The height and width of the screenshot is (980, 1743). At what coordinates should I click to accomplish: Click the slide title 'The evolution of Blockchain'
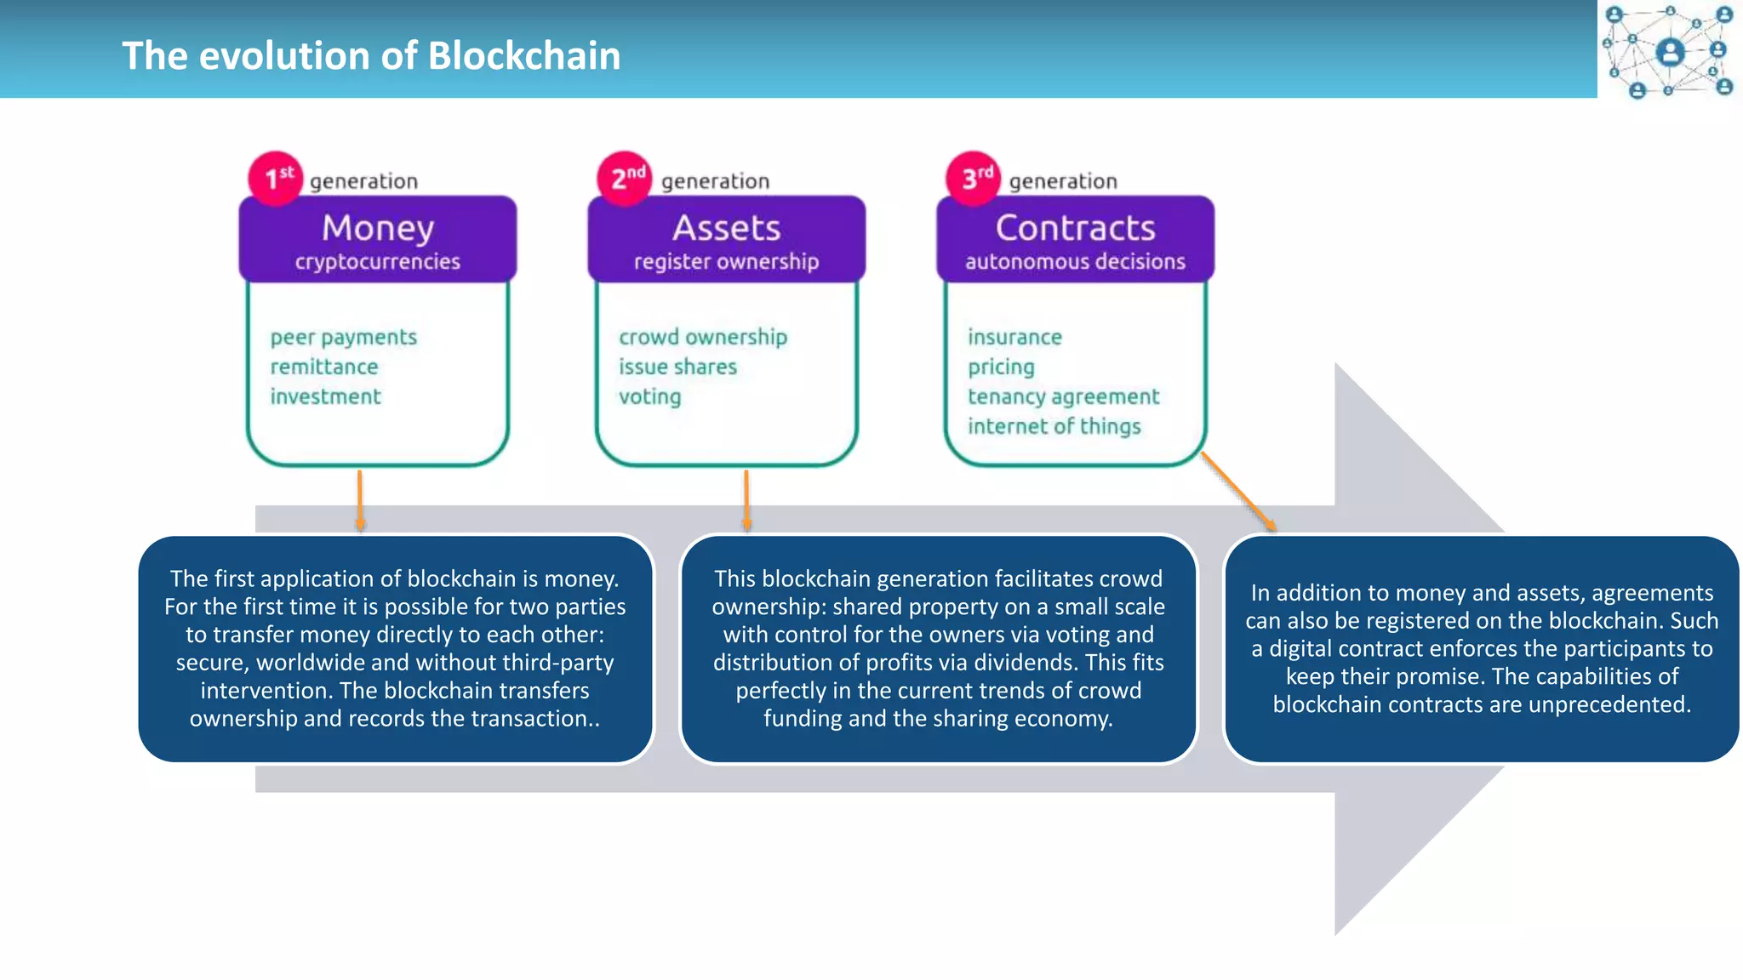point(371,56)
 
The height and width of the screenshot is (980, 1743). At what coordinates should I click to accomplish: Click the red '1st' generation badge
point(275,178)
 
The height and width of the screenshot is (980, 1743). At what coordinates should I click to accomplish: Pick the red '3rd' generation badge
point(974,178)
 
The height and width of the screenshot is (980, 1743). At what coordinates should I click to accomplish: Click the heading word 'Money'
point(378,228)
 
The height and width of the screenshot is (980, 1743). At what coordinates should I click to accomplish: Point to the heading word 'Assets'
point(726,228)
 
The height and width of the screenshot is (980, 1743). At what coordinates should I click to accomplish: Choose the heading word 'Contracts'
point(1075,228)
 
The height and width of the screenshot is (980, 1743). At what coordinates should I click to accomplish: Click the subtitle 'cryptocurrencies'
point(378,262)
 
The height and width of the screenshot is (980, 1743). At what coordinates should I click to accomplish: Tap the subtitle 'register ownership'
point(726,262)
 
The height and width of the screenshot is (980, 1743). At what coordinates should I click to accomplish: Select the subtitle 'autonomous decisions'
point(1075,262)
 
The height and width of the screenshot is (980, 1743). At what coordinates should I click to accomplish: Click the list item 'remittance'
point(324,367)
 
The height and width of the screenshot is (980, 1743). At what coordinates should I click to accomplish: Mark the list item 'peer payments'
point(344,338)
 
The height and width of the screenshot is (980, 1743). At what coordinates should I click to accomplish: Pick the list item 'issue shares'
point(677,367)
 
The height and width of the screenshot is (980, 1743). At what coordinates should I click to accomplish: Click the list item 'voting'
point(649,397)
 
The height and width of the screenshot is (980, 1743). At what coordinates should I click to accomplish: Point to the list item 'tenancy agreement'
point(1063,397)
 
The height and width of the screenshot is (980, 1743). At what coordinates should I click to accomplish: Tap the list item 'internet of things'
point(1054,426)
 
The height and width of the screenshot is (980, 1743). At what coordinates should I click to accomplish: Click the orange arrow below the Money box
point(360,500)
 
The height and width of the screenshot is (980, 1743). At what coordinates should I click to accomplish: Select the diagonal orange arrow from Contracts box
point(1238,493)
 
